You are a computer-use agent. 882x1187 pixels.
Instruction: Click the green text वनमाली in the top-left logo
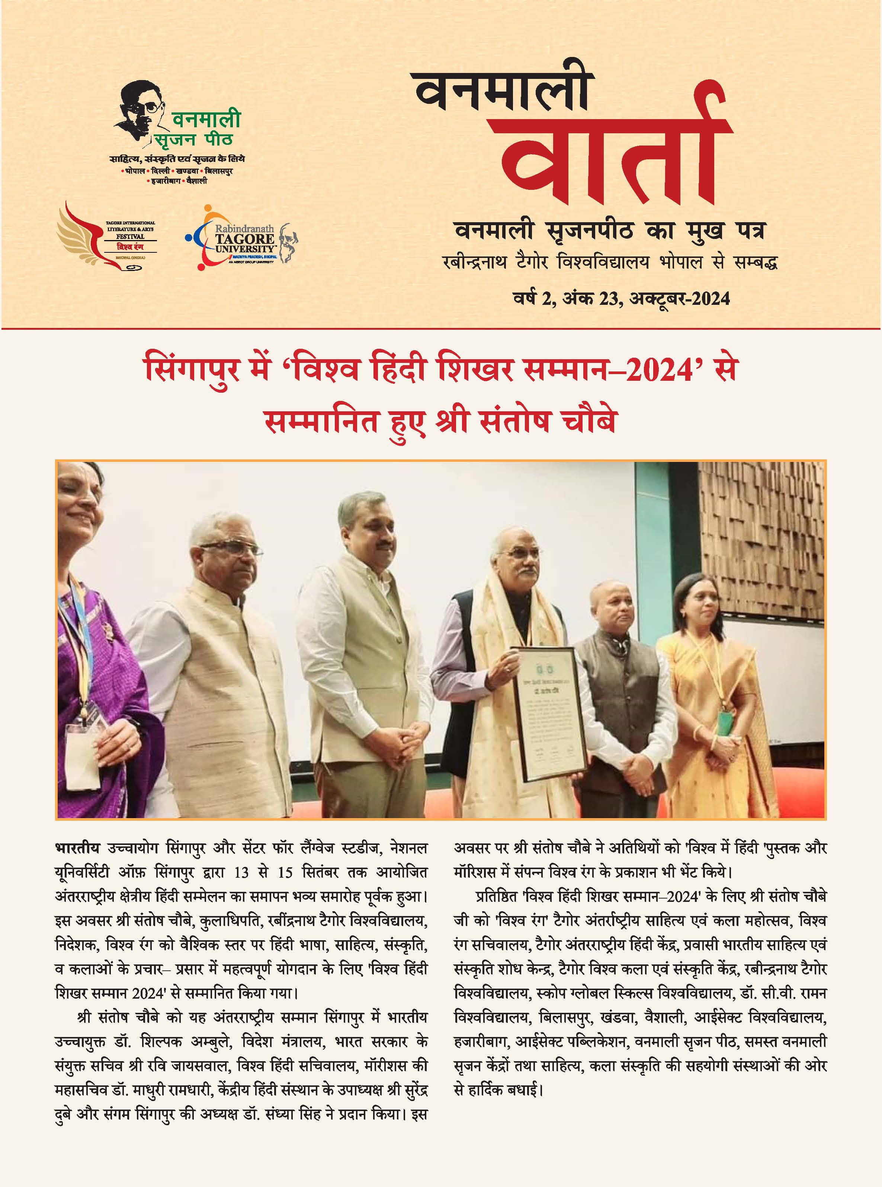click(206, 119)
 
